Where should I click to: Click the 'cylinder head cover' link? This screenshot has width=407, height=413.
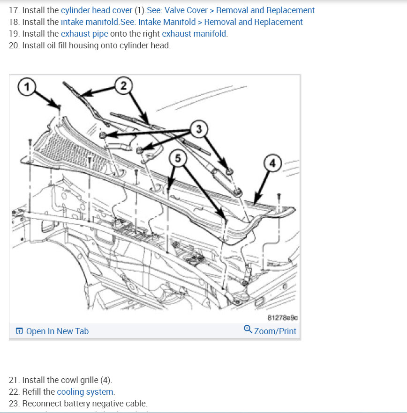click(x=96, y=10)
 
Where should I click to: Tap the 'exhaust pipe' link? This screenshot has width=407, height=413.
click(x=84, y=34)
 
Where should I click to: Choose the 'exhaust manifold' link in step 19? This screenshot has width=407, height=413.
click(x=194, y=34)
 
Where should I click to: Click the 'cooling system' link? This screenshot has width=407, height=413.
click(x=85, y=392)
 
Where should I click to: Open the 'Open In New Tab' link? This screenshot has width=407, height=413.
click(x=57, y=331)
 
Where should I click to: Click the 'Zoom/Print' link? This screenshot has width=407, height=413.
click(x=275, y=331)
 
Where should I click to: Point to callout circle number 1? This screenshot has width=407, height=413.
click(x=27, y=87)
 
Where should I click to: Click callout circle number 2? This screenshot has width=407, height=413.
click(x=123, y=85)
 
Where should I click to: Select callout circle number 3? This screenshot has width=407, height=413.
click(x=199, y=129)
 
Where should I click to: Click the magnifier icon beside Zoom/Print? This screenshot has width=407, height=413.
click(x=248, y=330)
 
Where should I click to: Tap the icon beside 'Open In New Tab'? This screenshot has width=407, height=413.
click(x=19, y=331)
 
